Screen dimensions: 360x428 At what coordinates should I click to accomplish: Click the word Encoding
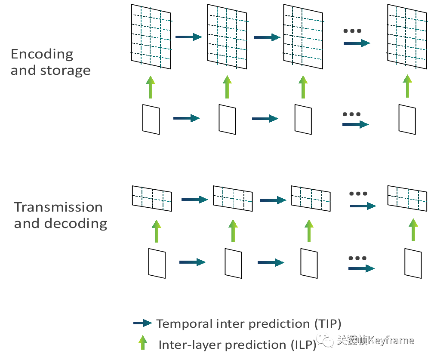click(42, 54)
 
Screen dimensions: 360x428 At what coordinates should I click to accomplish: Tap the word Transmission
click(58, 207)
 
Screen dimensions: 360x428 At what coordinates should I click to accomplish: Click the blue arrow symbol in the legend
click(143, 323)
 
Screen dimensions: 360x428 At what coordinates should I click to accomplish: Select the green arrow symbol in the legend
click(142, 342)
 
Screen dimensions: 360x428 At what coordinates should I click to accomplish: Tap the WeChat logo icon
click(325, 340)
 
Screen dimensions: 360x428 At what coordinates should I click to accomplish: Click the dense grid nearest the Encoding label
click(151, 37)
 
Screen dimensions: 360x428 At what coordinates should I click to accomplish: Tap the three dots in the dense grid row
click(352, 31)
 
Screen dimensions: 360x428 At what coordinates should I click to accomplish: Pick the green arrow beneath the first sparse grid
click(156, 231)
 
